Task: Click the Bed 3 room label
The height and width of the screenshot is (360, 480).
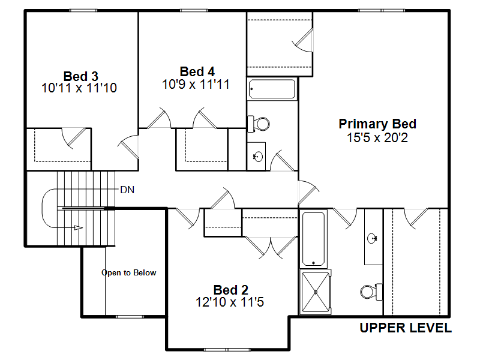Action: click(80, 76)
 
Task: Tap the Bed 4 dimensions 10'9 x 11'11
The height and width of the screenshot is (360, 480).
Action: click(196, 85)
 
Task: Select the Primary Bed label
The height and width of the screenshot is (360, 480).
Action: click(377, 124)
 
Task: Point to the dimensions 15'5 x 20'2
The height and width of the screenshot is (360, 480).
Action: click(377, 138)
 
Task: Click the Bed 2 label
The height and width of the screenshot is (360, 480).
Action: click(231, 290)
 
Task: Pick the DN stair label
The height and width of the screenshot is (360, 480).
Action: click(127, 190)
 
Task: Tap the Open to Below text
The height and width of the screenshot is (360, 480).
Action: click(129, 273)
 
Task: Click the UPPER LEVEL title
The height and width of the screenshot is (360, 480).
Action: click(406, 328)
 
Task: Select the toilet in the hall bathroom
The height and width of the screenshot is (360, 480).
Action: click(259, 124)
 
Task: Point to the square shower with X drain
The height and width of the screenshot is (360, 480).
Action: click(316, 292)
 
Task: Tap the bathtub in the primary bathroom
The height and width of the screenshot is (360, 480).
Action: click(313, 239)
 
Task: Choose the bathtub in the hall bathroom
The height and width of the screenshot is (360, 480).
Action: click(272, 89)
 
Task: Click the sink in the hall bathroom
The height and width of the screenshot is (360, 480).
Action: click(258, 157)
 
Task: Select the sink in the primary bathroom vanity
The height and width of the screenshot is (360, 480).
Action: click(372, 238)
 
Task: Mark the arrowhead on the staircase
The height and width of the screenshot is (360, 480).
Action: click(79, 228)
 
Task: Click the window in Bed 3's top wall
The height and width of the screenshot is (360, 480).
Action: click(83, 11)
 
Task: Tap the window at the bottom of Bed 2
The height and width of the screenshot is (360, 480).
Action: click(227, 350)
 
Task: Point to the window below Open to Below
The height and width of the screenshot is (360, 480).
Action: click(130, 317)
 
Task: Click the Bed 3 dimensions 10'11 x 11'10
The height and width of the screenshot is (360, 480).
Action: click(79, 88)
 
